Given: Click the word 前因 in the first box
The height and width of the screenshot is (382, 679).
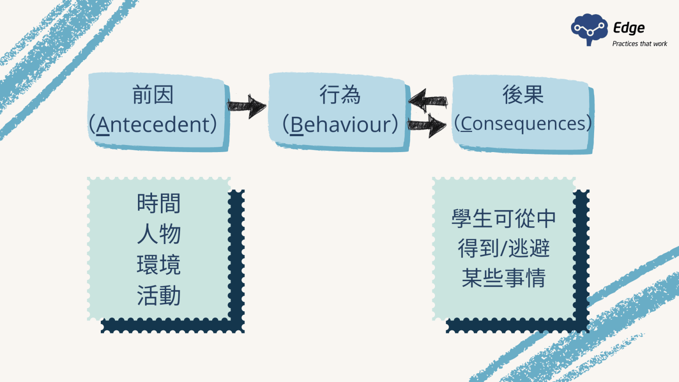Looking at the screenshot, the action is click(153, 95).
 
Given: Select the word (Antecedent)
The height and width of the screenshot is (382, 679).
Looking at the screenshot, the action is click(153, 124).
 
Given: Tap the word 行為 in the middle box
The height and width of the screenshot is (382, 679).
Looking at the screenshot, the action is click(340, 95).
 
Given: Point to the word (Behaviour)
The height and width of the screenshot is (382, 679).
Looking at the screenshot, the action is click(340, 124).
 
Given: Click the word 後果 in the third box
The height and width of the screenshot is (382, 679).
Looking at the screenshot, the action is click(523, 95).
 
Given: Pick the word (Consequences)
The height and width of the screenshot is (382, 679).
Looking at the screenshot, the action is click(523, 123).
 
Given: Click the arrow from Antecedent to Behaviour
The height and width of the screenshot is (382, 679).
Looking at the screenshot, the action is click(247, 106).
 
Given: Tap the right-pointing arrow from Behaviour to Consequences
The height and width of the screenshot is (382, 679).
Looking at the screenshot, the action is click(427, 125).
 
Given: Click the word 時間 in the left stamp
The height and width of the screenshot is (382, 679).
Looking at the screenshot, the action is click(159, 203).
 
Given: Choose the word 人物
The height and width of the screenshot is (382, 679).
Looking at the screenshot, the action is click(159, 233).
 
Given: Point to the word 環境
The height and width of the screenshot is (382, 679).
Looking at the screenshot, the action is click(159, 265).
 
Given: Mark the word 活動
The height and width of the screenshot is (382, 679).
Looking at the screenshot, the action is click(159, 295).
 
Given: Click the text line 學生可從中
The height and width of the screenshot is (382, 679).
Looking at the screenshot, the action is click(504, 218).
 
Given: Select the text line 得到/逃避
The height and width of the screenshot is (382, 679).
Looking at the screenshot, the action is click(504, 248).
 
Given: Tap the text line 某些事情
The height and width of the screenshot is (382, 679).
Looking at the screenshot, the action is click(504, 278).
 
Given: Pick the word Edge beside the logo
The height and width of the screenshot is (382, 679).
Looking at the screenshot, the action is click(629, 28).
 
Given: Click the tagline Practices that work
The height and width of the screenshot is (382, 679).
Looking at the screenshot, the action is click(640, 44).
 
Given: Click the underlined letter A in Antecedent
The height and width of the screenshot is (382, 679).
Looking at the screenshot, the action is click(103, 125).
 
